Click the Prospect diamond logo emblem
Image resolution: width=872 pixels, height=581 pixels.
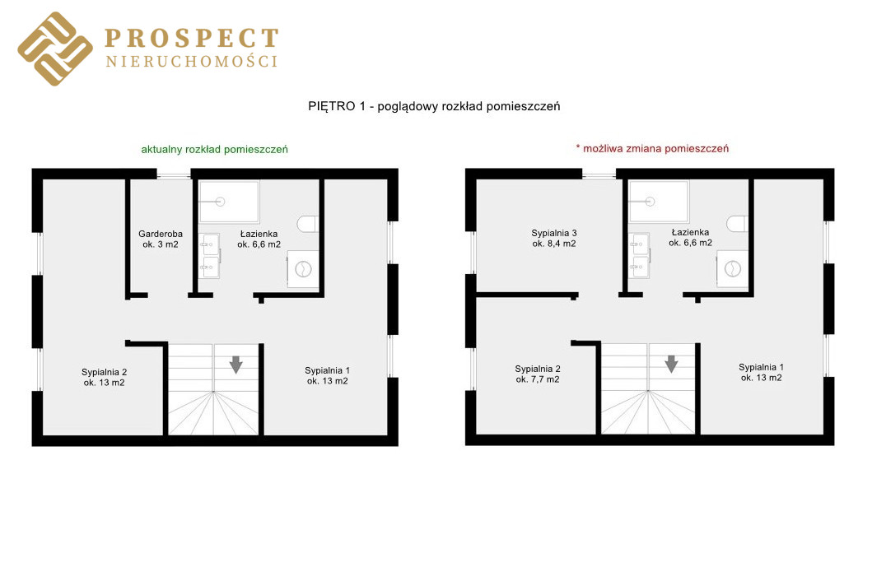(55, 49)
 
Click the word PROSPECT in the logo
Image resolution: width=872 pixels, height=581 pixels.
(192, 39)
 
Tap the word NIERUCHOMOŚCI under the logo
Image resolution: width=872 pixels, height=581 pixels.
(192, 61)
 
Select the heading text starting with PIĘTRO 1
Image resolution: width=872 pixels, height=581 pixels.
(434, 106)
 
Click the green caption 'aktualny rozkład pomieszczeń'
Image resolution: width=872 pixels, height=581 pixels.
(215, 150)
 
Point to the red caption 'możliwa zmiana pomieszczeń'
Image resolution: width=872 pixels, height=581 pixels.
(652, 148)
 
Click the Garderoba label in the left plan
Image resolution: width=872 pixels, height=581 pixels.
(161, 239)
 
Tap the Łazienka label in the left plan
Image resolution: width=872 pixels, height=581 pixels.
(259, 239)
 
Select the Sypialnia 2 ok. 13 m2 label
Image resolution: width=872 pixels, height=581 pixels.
(104, 378)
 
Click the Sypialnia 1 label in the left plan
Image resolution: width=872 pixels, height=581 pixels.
(327, 376)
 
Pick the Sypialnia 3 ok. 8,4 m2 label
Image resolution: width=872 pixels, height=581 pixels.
(554, 239)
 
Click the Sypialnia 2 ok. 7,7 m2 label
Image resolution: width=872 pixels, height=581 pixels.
(537, 374)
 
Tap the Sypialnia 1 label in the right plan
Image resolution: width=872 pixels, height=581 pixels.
(761, 373)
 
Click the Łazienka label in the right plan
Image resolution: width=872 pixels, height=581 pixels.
(690, 237)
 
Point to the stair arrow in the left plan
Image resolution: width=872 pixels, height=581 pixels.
(235, 365)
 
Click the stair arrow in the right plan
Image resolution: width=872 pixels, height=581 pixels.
(671, 364)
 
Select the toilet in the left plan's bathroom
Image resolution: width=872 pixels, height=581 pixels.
(307, 224)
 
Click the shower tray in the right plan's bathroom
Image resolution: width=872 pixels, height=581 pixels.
(659, 202)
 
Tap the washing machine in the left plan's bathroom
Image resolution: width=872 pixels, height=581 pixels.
(303, 269)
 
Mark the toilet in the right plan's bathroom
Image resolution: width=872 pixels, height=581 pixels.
(737, 224)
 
